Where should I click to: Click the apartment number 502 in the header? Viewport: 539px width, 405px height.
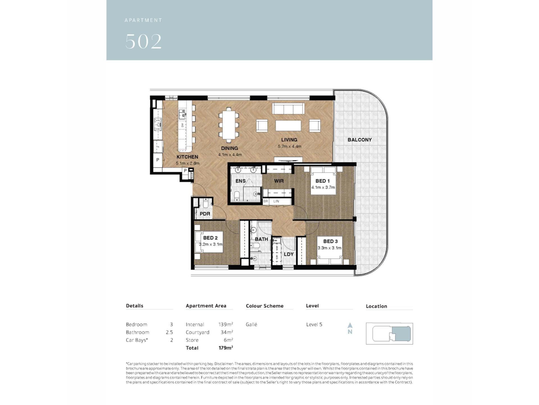(143, 41)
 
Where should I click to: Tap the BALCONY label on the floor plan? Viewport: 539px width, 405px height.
(359, 140)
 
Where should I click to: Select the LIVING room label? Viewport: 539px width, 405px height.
(289, 140)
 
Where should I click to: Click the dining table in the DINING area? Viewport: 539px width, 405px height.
(229, 125)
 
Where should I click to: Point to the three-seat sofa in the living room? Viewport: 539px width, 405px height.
(288, 108)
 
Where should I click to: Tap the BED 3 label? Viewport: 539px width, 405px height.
(330, 241)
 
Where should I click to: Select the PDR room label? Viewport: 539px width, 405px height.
(205, 214)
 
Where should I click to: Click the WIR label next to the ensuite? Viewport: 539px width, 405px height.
(279, 181)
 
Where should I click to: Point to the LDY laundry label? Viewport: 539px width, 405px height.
(289, 254)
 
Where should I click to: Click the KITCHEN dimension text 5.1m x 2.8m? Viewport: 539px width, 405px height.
(188, 163)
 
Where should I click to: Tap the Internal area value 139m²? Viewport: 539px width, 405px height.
(226, 324)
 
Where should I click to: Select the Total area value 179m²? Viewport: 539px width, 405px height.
(226, 348)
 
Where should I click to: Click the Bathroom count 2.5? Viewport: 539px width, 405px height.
(169, 332)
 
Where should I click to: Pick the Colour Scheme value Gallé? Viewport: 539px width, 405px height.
(252, 324)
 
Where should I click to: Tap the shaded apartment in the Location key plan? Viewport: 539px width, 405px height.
(401, 334)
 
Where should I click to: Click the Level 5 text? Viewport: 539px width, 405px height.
(314, 324)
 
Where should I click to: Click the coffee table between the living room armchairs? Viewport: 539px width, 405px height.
(288, 126)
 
